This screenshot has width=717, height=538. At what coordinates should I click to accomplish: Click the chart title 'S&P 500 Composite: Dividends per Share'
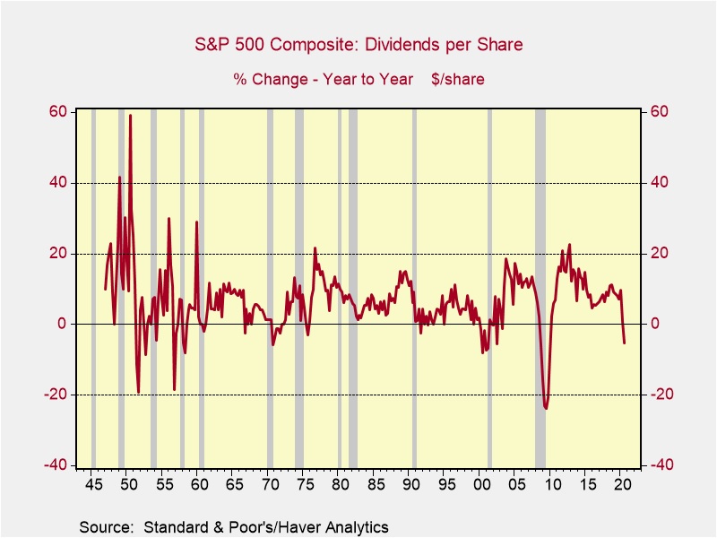(358, 44)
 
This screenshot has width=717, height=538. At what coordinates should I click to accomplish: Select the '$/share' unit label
(457, 79)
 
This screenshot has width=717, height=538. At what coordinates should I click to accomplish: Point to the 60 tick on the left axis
(58, 112)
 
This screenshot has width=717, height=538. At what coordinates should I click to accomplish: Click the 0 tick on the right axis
(655, 325)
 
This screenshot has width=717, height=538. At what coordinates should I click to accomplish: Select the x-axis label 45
(93, 486)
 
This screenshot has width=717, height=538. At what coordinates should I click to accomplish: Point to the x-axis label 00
(482, 486)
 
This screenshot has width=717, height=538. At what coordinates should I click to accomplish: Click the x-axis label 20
(622, 486)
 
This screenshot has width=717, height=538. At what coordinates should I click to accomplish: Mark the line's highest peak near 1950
(130, 116)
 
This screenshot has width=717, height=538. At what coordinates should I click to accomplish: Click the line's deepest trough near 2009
(546, 408)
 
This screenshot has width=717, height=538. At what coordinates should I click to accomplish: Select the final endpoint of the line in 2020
(624, 343)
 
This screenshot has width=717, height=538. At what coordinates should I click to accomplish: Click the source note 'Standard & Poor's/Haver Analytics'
(233, 525)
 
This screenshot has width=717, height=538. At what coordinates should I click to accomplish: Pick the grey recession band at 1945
(93, 287)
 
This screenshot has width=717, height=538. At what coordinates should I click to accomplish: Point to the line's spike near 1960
(196, 221)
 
